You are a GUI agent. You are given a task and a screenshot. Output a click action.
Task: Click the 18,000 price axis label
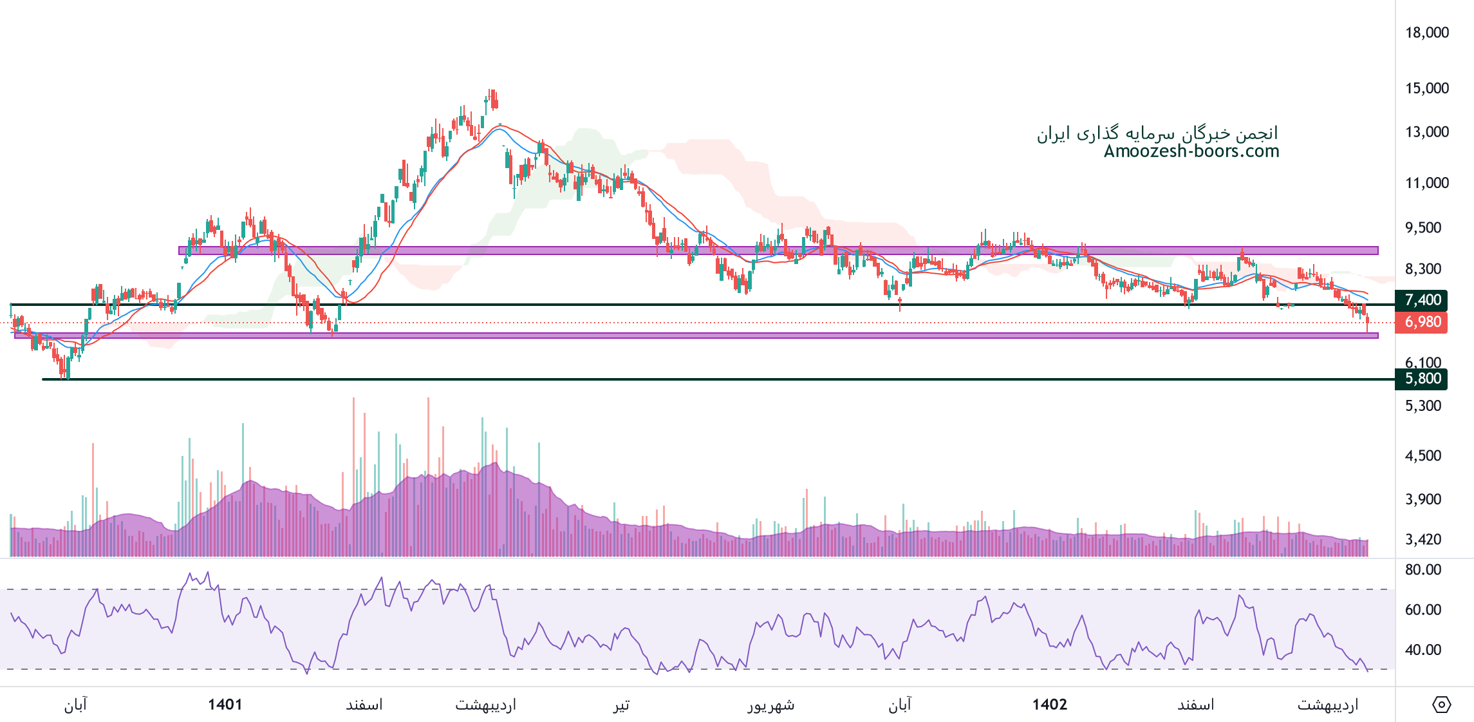coord(1426,33)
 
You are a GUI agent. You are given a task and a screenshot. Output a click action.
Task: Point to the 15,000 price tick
coord(1426,88)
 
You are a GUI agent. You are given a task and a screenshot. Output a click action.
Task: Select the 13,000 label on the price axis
coord(1426,132)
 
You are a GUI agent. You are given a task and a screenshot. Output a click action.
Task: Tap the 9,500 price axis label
coord(1423,228)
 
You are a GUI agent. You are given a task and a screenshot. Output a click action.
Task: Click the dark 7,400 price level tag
coord(1421,300)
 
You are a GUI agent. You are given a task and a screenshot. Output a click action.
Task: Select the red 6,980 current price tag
coord(1421,322)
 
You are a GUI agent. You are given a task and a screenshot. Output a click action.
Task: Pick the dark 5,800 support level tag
coord(1421,379)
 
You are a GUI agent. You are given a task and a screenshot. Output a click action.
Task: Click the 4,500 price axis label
coord(1423,456)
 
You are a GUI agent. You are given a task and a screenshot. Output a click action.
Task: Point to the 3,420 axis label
coord(1423,540)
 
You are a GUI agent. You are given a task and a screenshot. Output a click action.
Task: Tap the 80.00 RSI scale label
coord(1423,569)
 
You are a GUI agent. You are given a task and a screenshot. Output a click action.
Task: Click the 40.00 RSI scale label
coord(1423,650)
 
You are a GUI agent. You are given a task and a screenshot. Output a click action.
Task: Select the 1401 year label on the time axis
coord(225,705)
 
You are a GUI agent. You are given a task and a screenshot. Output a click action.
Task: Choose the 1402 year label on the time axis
coord(1049,705)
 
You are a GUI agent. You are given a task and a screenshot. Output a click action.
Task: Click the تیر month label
coord(620,705)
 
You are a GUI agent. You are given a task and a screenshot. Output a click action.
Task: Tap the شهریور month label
coord(770,705)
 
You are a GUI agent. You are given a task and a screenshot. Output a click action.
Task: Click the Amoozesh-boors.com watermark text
coord(1191,151)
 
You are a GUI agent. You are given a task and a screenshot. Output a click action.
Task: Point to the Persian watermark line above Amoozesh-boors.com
coord(1157,133)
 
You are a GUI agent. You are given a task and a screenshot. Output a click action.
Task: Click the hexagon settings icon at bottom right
coord(1441,705)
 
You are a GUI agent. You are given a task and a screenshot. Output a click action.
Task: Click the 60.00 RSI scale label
coord(1423,610)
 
